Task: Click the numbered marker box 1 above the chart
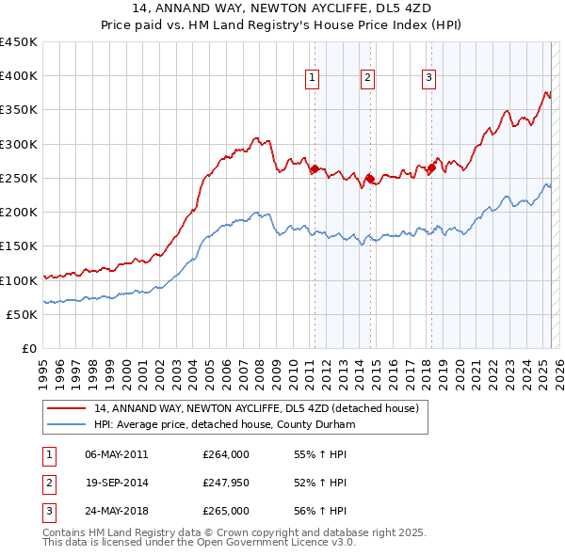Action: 313,79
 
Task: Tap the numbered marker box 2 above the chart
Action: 367,79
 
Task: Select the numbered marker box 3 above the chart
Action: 428,79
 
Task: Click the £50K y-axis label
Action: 23,314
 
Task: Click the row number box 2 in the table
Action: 47,484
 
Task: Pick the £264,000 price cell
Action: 226,454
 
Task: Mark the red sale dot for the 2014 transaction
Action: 370,178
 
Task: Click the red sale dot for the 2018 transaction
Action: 431,169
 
